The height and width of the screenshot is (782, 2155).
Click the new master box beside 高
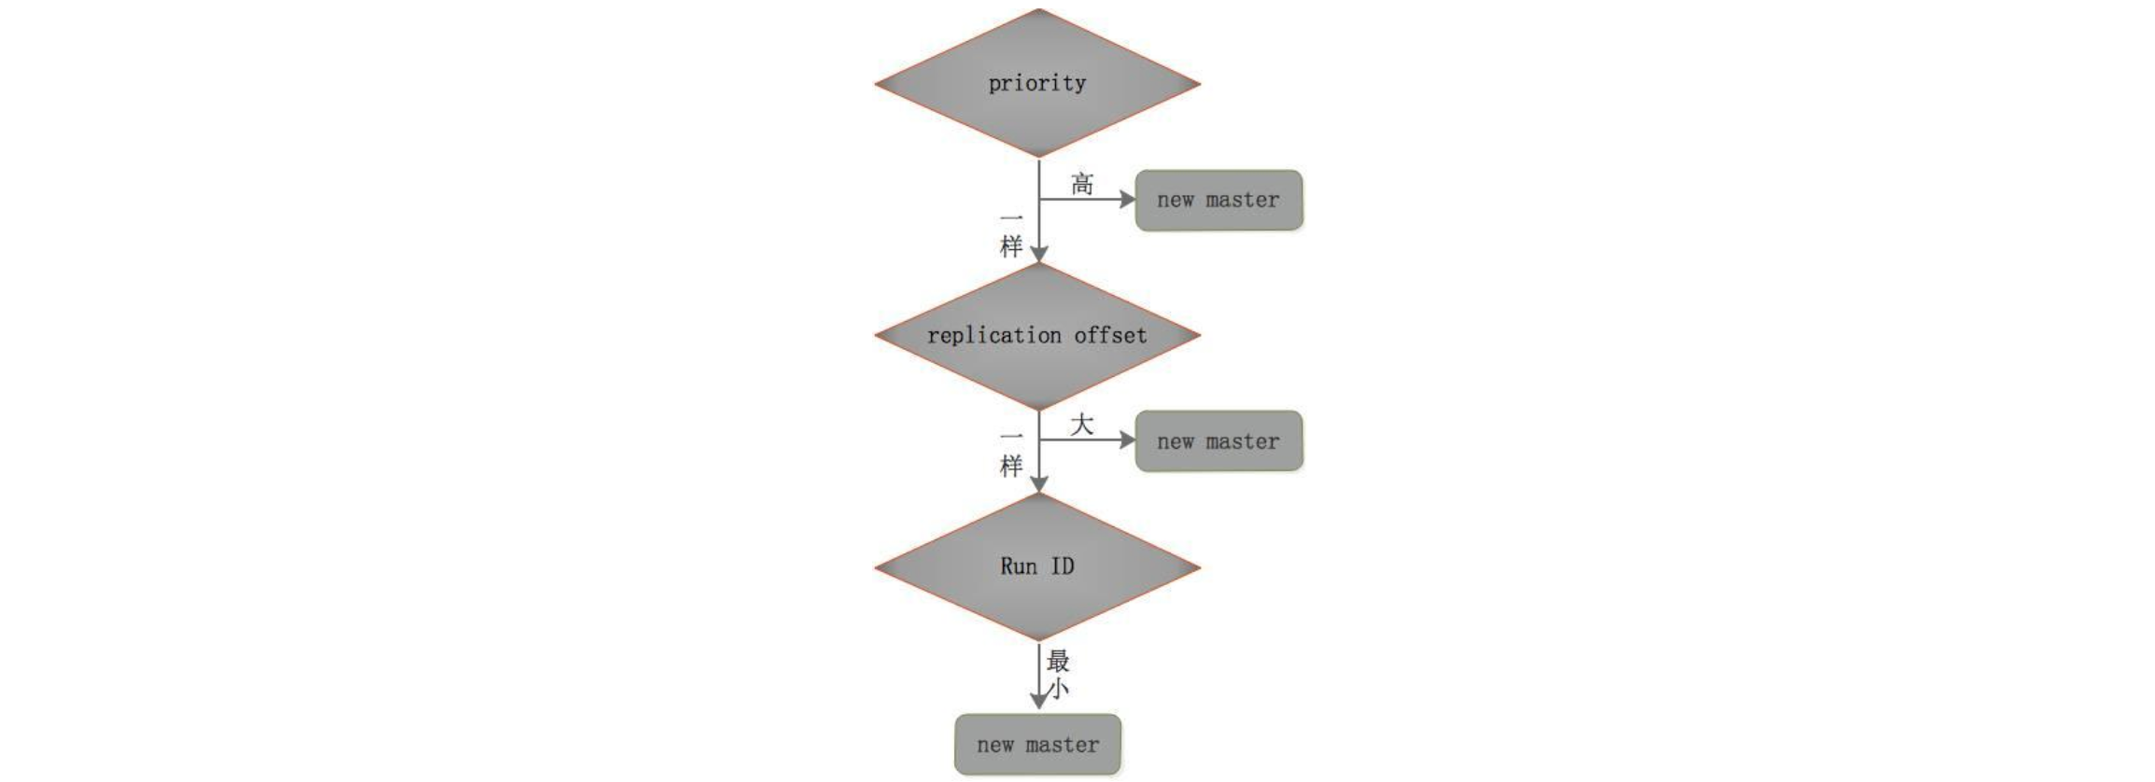1218,200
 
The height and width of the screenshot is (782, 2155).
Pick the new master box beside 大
1218,440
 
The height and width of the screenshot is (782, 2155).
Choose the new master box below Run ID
1037,745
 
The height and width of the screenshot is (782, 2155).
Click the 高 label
1082,184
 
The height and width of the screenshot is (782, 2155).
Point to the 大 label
1081,426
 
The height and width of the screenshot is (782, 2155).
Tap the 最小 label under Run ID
1058,675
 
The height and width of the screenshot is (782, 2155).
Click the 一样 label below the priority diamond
1011,233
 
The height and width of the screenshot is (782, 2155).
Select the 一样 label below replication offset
1011,453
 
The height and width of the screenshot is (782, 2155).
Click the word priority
1037,83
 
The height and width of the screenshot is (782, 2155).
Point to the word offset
1110,335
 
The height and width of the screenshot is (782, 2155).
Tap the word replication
994,335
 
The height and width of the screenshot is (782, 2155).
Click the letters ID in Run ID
1063,566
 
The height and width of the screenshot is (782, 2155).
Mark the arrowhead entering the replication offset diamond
1038,254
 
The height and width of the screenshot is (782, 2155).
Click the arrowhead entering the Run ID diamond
1038,483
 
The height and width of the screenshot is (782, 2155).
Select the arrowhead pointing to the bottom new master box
1038,701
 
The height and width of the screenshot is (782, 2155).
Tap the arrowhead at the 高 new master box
1127,200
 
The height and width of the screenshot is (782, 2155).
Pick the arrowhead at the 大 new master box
1127,440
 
